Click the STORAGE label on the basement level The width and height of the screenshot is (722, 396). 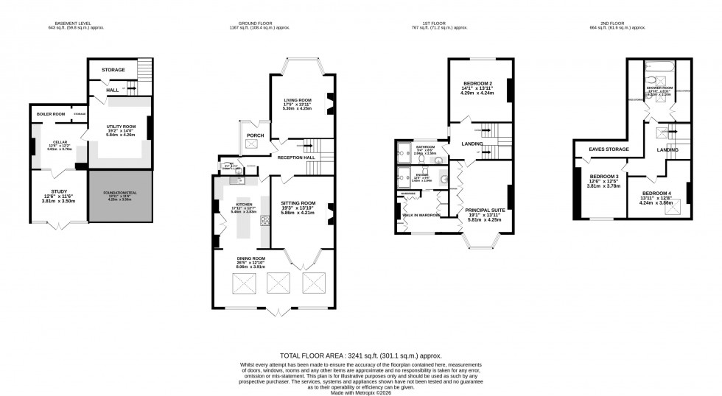point(113,70)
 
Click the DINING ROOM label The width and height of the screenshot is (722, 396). point(271,258)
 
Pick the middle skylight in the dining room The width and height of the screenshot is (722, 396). point(278,282)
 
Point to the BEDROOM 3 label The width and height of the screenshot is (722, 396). point(603,177)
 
